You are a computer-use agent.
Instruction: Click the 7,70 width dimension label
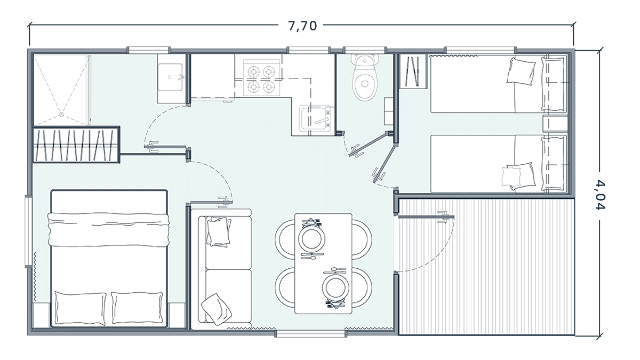pos(302,26)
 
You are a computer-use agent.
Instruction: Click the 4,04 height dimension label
pos(601,195)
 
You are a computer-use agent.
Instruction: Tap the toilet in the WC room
pos(364,77)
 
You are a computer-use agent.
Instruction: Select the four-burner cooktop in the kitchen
pos(261,77)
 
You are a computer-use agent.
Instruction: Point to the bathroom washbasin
pos(170,77)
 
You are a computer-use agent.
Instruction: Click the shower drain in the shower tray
pos(61,115)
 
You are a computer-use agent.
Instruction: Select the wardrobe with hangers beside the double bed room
pos(76,145)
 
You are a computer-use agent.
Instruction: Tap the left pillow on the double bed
pos(80,308)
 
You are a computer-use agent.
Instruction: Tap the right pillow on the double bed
pos(137,308)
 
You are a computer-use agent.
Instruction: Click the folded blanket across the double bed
pos(109,229)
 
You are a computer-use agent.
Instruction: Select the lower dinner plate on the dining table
pos(335,287)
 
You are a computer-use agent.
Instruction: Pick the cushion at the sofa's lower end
pos(217,309)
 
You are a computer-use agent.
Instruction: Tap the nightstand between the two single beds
pos(555,123)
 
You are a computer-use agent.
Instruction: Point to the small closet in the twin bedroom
pos(413,71)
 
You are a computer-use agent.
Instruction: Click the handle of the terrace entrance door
pos(443,217)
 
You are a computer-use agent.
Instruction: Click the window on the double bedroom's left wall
pos(28,231)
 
